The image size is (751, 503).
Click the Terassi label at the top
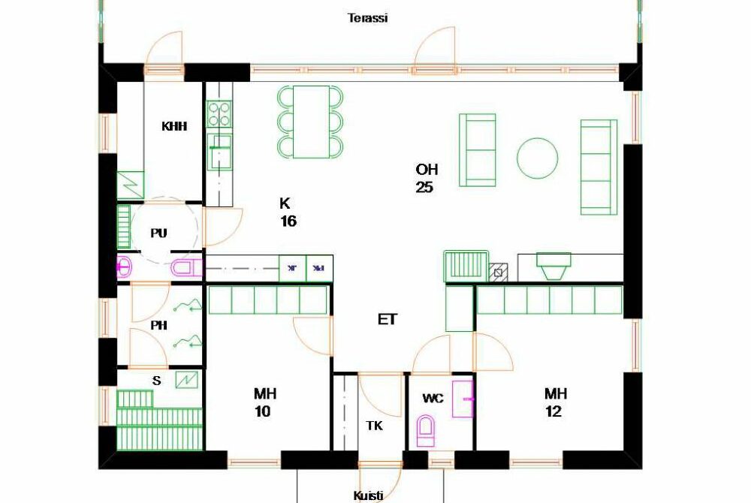(x=367, y=18)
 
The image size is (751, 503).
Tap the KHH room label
(x=174, y=126)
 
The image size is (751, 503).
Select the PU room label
(x=159, y=233)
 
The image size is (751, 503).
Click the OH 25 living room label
(x=427, y=178)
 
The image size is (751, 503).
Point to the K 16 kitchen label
(x=288, y=212)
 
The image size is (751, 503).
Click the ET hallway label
(x=387, y=319)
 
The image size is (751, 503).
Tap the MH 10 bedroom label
(x=264, y=402)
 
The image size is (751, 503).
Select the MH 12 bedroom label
(x=555, y=402)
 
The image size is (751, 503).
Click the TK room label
(x=374, y=426)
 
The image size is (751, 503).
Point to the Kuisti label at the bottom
(x=368, y=495)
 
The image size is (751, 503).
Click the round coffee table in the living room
(x=538, y=158)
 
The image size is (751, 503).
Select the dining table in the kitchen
(x=312, y=122)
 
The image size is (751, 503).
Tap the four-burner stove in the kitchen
(x=219, y=114)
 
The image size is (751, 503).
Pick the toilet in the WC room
(x=425, y=431)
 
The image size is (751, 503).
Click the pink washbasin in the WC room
(x=463, y=398)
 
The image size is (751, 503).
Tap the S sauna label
(x=157, y=381)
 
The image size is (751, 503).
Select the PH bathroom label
(x=159, y=325)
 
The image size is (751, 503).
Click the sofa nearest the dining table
(x=477, y=150)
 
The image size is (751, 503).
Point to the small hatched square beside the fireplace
(x=498, y=273)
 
